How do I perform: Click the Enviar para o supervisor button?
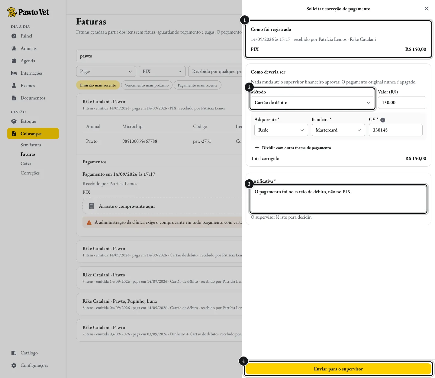338,369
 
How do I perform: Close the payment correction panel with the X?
426,8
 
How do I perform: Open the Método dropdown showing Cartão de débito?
312,103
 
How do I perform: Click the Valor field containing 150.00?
402,103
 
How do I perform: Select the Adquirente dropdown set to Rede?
281,130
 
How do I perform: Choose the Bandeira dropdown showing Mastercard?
338,130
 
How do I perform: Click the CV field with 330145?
395,130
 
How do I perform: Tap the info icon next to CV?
382,120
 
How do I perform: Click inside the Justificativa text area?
338,199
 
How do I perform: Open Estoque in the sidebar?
28,121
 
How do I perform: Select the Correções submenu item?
30,173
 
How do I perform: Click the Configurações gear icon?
14,365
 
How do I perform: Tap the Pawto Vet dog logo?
12,12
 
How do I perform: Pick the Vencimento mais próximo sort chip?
147,85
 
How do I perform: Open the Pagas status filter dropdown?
106,71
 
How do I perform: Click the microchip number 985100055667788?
140,141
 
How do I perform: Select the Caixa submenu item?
26,164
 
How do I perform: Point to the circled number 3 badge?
249,184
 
